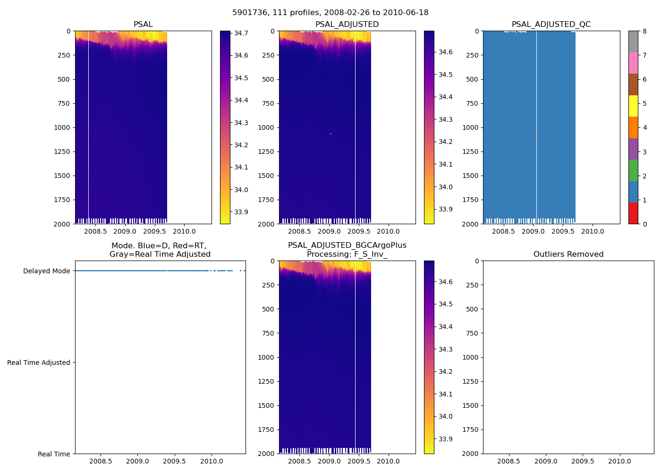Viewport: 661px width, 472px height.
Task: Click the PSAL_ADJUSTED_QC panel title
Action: coord(551,25)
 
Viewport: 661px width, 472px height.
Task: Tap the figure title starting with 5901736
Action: coord(330,13)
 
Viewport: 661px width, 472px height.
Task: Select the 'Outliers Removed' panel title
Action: coord(568,254)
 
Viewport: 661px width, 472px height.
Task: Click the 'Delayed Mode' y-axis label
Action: coord(46,271)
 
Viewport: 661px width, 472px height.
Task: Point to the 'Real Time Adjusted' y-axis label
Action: coord(39,362)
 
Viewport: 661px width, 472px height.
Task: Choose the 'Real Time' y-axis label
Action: coord(54,454)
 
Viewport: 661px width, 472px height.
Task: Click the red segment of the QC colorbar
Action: coord(633,213)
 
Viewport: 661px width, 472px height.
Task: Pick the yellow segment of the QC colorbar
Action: coord(633,106)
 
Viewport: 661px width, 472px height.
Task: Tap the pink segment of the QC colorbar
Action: coord(633,63)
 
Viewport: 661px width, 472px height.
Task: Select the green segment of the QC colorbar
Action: coord(633,170)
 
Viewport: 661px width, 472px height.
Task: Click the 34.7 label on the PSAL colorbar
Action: coord(241,33)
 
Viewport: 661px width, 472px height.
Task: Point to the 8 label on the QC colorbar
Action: coord(644,31)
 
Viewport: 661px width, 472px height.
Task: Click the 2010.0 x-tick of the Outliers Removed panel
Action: coord(619,461)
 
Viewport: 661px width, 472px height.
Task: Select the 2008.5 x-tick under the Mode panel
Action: coord(101,461)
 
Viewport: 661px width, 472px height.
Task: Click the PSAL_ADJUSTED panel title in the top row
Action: coord(347,25)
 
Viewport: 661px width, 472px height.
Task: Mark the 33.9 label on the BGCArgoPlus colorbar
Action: coord(445,439)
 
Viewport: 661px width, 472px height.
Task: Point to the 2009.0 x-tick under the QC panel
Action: coord(533,231)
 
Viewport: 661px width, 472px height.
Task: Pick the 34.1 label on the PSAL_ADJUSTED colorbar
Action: coord(445,164)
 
